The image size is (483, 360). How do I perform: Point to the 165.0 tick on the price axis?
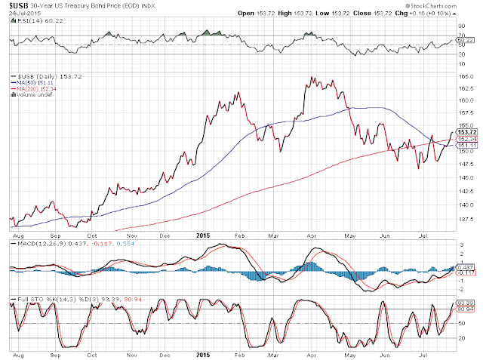[x=465, y=76]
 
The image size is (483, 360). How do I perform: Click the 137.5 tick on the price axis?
[x=465, y=219]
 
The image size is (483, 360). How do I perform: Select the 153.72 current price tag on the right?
[x=466, y=133]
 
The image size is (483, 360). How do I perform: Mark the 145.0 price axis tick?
[x=465, y=177]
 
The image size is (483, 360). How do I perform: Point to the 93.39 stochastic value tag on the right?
[x=466, y=302]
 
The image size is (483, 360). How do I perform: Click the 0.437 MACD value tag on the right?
[x=466, y=267]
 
